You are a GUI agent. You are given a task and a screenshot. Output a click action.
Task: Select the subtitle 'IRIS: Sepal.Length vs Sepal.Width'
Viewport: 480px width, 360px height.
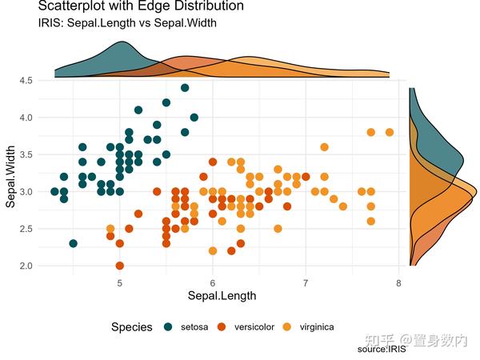coord(122,23)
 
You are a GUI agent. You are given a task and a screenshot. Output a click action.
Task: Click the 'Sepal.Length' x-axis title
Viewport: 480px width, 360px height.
coord(222,296)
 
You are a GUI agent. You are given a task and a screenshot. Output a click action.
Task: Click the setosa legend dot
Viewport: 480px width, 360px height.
coord(168,326)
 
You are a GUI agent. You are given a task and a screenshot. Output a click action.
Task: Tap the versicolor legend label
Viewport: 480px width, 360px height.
coord(254,326)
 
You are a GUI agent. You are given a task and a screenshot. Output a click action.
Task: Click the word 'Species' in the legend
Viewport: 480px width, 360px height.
coord(132,326)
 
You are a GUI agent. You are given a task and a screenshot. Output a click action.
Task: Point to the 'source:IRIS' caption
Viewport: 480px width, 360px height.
coord(382,350)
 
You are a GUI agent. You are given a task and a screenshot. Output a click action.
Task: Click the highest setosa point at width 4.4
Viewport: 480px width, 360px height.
coord(185,88)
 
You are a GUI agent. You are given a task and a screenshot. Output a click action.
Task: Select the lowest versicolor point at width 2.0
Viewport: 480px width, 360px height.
coord(120,266)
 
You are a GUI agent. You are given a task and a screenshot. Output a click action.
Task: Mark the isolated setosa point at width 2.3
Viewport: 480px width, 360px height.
coord(74,243)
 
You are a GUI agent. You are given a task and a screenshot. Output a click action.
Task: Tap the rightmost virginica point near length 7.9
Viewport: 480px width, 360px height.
coord(389,132)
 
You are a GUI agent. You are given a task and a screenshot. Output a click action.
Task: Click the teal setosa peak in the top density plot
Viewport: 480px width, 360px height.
coord(120,43)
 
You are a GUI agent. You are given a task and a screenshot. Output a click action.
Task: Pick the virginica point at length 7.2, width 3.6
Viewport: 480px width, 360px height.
coord(324,147)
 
